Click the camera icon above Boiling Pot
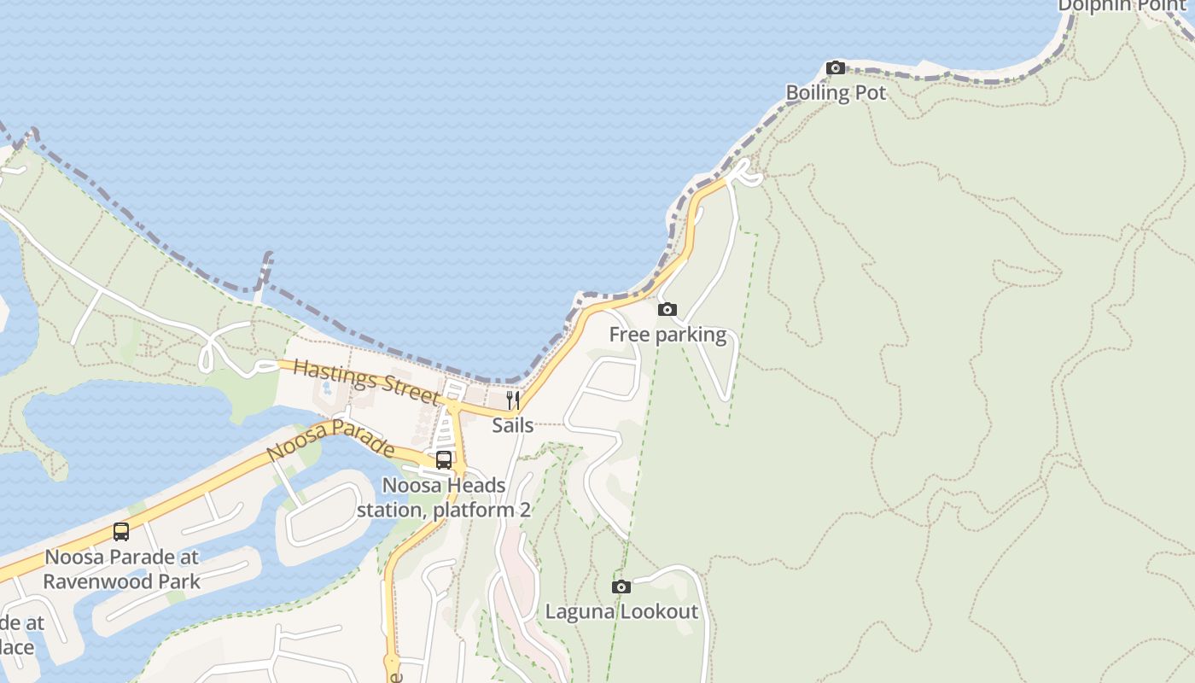point(836,68)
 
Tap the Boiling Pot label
point(836,93)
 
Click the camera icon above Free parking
point(667,310)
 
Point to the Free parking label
point(667,335)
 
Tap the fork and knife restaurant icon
point(513,400)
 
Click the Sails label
point(513,425)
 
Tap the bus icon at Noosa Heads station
point(444,460)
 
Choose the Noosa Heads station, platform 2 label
point(444,498)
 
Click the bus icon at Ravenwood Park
point(121,532)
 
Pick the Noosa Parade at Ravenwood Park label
point(121,569)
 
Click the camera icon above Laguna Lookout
point(621,587)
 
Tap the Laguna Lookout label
point(621,611)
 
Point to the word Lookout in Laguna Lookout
point(659,611)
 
